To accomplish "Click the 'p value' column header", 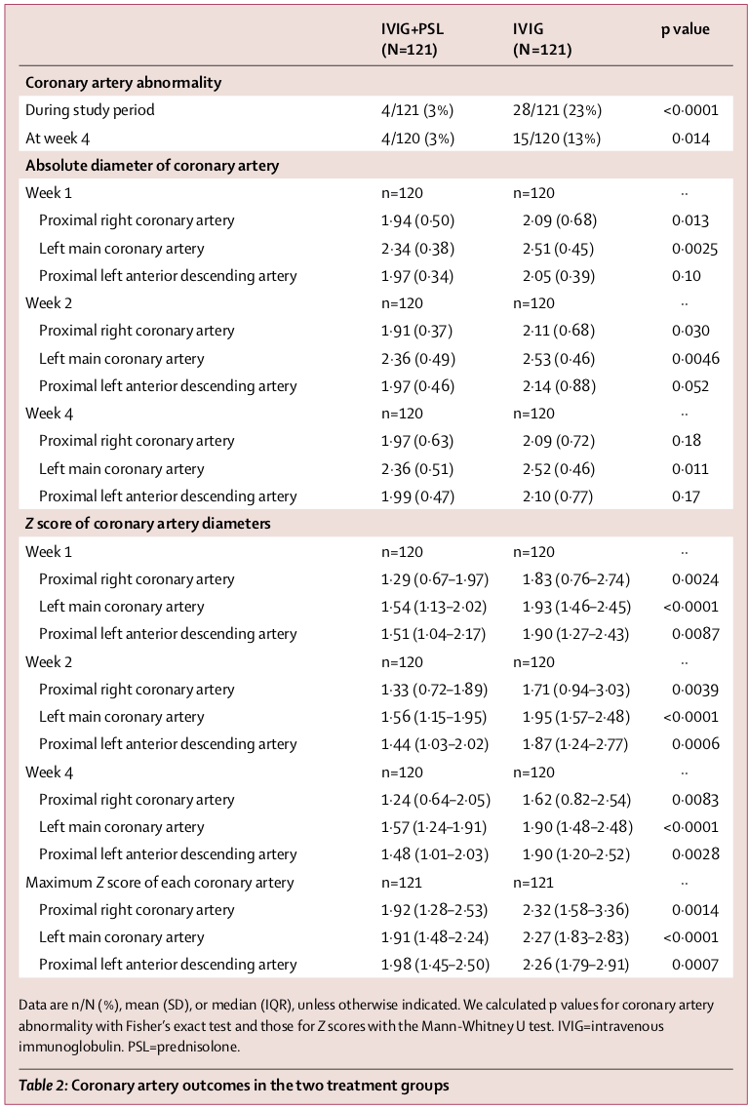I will pyautogui.click(x=685, y=29).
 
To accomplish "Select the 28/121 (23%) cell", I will pyautogui.click(x=557, y=110).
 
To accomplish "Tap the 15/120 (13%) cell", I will pyautogui.click(x=557, y=139).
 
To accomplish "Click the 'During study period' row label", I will pyautogui.click(x=90, y=110).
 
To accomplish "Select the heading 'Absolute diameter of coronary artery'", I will pyautogui.click(x=152, y=166).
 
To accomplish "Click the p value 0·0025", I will pyautogui.click(x=694, y=249).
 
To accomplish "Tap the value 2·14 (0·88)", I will pyautogui.click(x=557, y=386).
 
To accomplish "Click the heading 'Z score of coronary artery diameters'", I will pyautogui.click(x=148, y=524).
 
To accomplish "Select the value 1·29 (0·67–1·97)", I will pyautogui.click(x=435, y=579).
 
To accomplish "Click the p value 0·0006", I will pyautogui.click(x=694, y=744).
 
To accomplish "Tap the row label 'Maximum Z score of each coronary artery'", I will pyautogui.click(x=160, y=883).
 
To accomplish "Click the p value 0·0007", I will pyautogui.click(x=694, y=965).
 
